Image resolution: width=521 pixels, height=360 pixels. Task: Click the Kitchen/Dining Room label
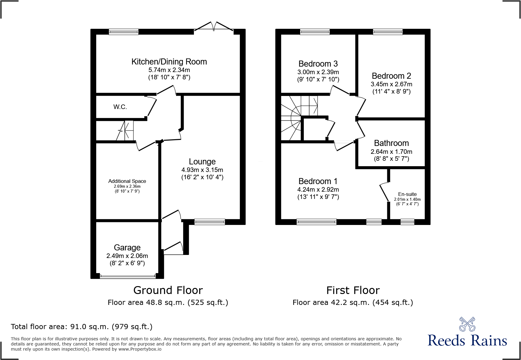click(x=169, y=62)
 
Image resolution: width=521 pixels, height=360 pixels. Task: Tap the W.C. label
click(x=120, y=107)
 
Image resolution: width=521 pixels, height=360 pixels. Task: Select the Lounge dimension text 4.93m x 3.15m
click(x=202, y=170)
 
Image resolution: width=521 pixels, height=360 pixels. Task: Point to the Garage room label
click(x=127, y=248)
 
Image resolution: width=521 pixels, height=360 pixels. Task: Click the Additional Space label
click(x=127, y=181)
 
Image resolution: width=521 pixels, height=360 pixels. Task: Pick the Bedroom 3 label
click(x=318, y=64)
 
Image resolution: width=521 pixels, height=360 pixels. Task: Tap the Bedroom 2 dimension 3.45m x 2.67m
click(x=391, y=84)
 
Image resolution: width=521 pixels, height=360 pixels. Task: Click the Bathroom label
click(x=391, y=143)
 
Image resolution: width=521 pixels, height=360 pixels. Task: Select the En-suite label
click(x=407, y=194)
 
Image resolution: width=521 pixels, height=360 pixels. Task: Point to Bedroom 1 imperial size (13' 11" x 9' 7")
click(x=318, y=197)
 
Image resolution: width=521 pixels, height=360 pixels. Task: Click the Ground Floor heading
click(x=168, y=290)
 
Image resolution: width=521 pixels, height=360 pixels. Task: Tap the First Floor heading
click(x=353, y=290)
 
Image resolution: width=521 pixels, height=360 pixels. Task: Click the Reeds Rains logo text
click(x=467, y=341)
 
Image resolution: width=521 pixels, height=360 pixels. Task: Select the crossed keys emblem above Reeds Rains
click(x=467, y=324)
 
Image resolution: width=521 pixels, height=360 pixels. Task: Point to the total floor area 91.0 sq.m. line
click(x=81, y=327)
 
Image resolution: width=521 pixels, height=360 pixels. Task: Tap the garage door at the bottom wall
click(x=128, y=276)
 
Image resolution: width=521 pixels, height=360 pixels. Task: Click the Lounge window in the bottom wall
click(x=210, y=222)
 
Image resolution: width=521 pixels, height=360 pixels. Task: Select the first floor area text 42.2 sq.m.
click(x=352, y=302)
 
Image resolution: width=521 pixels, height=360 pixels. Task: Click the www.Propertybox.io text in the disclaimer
click(x=140, y=349)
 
